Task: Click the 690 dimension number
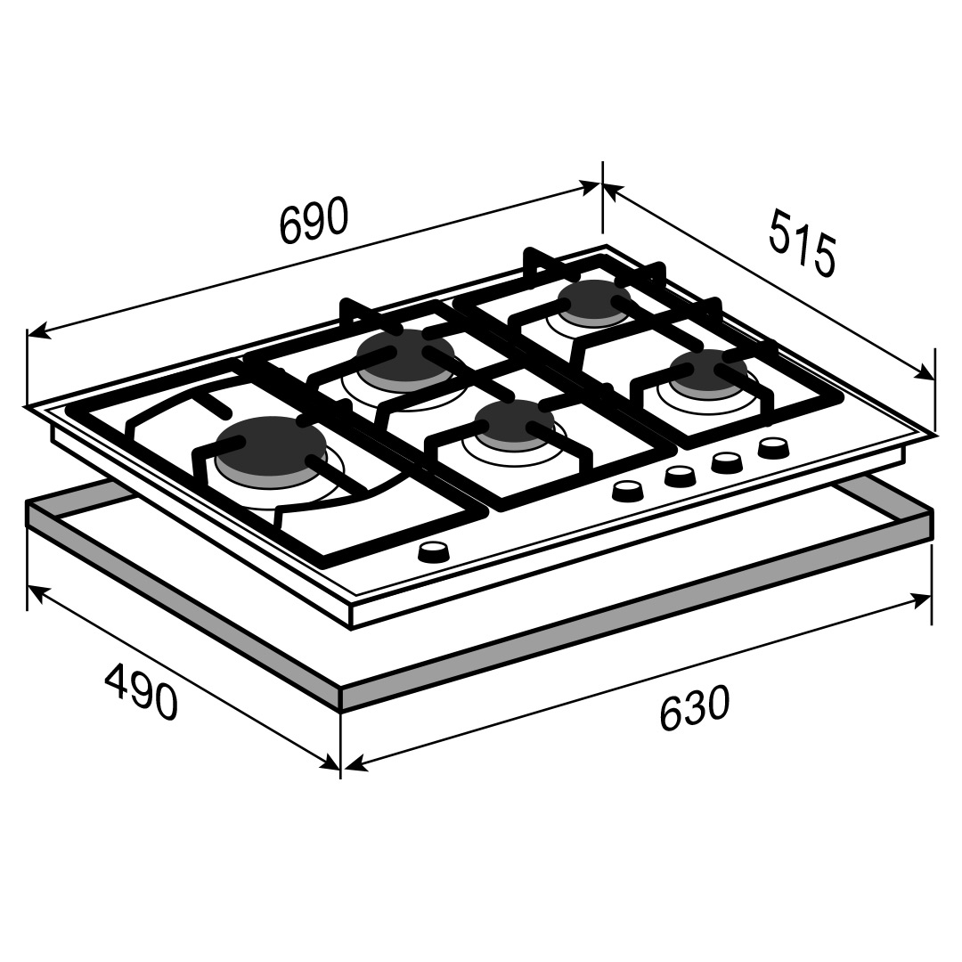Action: coord(314,220)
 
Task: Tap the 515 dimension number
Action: coord(802,243)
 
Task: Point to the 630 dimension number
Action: coord(695,709)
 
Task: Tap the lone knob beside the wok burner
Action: coord(434,552)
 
